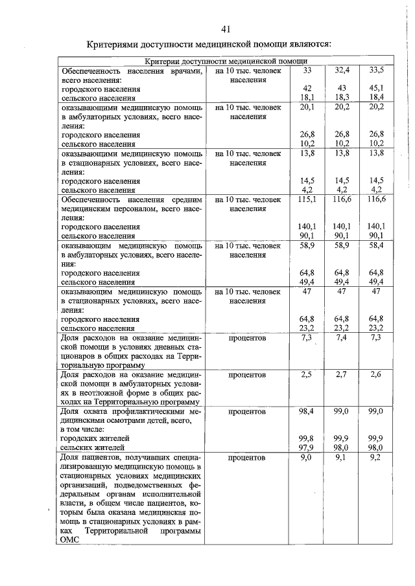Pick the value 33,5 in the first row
click(376, 70)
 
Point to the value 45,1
click(376, 88)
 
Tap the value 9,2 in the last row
click(376, 458)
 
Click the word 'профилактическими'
click(159, 411)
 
